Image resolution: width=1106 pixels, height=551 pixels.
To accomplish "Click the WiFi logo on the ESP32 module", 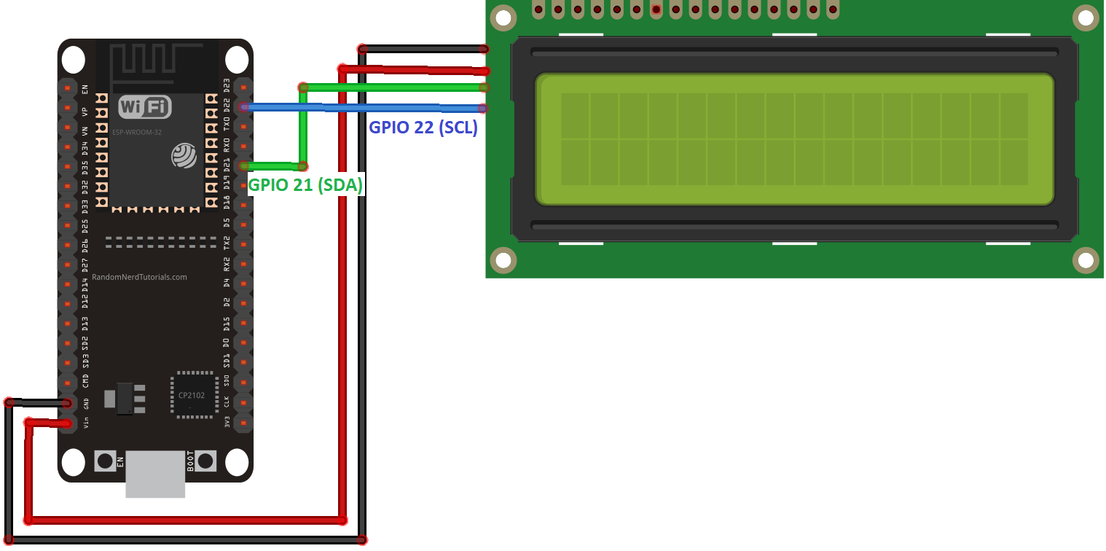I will (x=144, y=107).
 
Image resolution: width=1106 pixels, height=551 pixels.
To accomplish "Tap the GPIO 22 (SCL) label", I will (x=423, y=128).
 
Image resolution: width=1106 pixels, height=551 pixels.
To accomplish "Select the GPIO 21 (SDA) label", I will (x=306, y=185).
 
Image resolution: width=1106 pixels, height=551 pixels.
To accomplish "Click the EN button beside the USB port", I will (x=105, y=461).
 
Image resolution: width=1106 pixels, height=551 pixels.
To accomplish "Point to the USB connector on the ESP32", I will (x=154, y=474).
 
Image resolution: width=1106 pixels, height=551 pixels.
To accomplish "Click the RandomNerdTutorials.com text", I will (x=139, y=277).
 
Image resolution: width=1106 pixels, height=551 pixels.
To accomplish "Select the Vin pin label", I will (x=86, y=422).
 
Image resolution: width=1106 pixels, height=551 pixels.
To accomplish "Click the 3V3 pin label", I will (x=227, y=422).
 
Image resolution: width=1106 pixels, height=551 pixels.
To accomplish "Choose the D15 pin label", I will (x=227, y=323).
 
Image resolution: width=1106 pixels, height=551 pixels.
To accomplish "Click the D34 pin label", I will (x=86, y=152).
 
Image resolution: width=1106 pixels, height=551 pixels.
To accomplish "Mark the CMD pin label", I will (x=86, y=381).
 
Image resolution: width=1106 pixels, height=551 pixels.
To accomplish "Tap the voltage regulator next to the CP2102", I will (x=125, y=399).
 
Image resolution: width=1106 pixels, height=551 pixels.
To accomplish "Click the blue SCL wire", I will (x=364, y=108).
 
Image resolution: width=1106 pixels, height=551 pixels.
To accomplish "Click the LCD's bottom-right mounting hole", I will (x=1085, y=259).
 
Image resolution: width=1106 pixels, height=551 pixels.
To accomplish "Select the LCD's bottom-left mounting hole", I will (x=501, y=259).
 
